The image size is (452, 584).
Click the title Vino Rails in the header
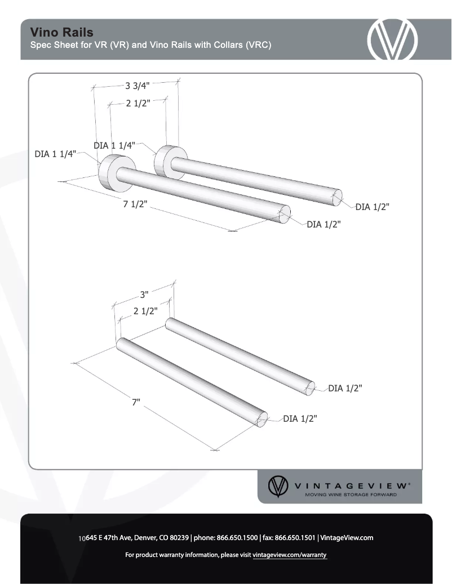[x=62, y=32]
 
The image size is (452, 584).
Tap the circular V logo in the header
[x=392, y=39]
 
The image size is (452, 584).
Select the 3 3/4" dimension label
[x=138, y=86]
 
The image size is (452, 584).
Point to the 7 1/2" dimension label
[x=135, y=204]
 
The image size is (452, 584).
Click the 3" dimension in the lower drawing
[x=144, y=294]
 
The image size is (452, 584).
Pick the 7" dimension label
[x=136, y=402]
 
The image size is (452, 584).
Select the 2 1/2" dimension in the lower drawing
[x=145, y=310]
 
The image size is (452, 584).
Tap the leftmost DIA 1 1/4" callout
[x=55, y=154]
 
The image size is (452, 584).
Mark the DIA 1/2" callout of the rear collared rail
[x=372, y=207]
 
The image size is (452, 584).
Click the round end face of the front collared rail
[x=285, y=214]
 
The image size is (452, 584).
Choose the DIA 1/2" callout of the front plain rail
[x=300, y=418]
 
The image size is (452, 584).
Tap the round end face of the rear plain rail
[x=310, y=388]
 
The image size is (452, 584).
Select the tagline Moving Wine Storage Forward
[x=351, y=495]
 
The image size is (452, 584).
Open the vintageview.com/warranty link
[x=290, y=555]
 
